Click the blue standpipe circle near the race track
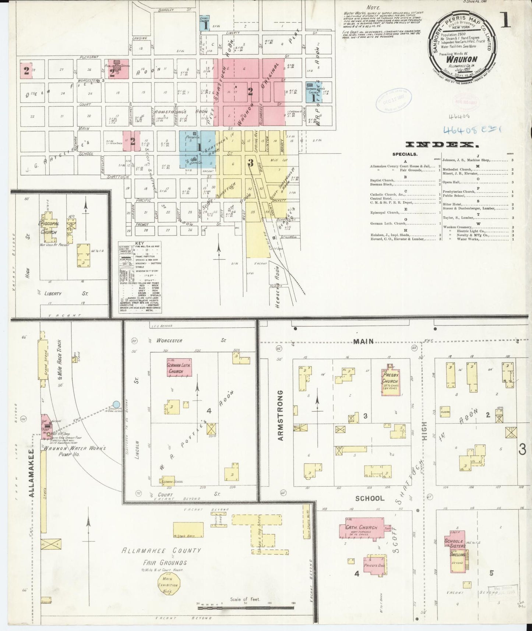(x=116, y=405)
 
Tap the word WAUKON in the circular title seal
(x=461, y=59)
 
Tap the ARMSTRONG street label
(x=281, y=415)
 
